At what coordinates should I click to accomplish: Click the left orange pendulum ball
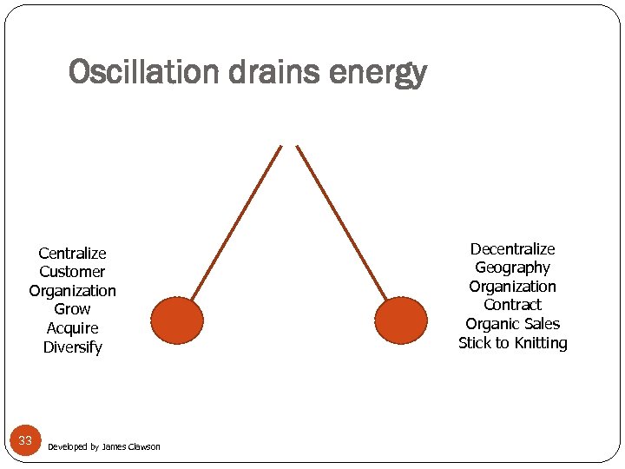click(177, 320)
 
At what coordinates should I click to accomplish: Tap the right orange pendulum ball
click(401, 320)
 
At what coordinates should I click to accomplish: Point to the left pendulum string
click(236, 222)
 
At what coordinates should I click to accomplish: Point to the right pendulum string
click(341, 222)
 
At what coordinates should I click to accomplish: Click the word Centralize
click(72, 254)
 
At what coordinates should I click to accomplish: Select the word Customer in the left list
click(72, 272)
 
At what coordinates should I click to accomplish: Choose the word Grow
click(72, 309)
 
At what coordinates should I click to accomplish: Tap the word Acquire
click(72, 328)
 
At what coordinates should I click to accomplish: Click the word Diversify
click(72, 347)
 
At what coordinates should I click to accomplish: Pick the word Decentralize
click(512, 249)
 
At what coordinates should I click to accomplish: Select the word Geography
click(512, 268)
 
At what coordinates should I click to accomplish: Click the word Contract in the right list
click(512, 305)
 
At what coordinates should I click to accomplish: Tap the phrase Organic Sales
click(512, 324)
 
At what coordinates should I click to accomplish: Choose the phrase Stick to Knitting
click(512, 343)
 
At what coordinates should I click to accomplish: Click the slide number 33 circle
click(25, 440)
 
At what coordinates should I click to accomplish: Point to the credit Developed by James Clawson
click(104, 446)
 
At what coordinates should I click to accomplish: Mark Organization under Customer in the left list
click(72, 291)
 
